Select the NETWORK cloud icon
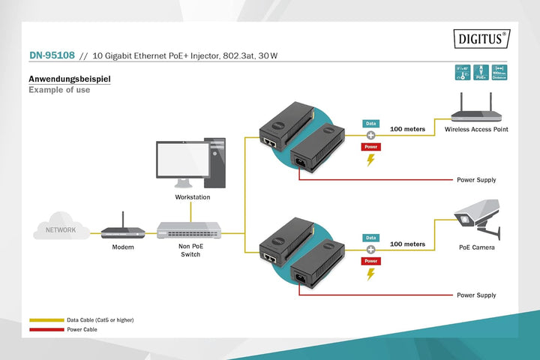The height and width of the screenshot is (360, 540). [60, 229]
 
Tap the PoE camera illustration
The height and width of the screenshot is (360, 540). [478, 216]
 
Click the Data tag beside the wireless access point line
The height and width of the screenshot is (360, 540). [370, 123]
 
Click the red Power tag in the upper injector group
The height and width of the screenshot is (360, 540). [370, 147]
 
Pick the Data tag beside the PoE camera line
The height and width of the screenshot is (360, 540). [370, 236]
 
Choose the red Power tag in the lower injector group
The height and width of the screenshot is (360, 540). [370, 260]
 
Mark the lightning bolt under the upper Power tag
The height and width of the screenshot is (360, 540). [370, 160]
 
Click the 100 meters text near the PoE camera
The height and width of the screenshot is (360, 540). [407, 244]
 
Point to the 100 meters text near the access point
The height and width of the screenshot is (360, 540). [407, 129]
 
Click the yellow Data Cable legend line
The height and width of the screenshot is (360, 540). [46, 319]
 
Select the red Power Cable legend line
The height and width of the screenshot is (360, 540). [46, 328]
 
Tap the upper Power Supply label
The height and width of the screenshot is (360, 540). [476, 180]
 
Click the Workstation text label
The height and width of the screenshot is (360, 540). [192, 197]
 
